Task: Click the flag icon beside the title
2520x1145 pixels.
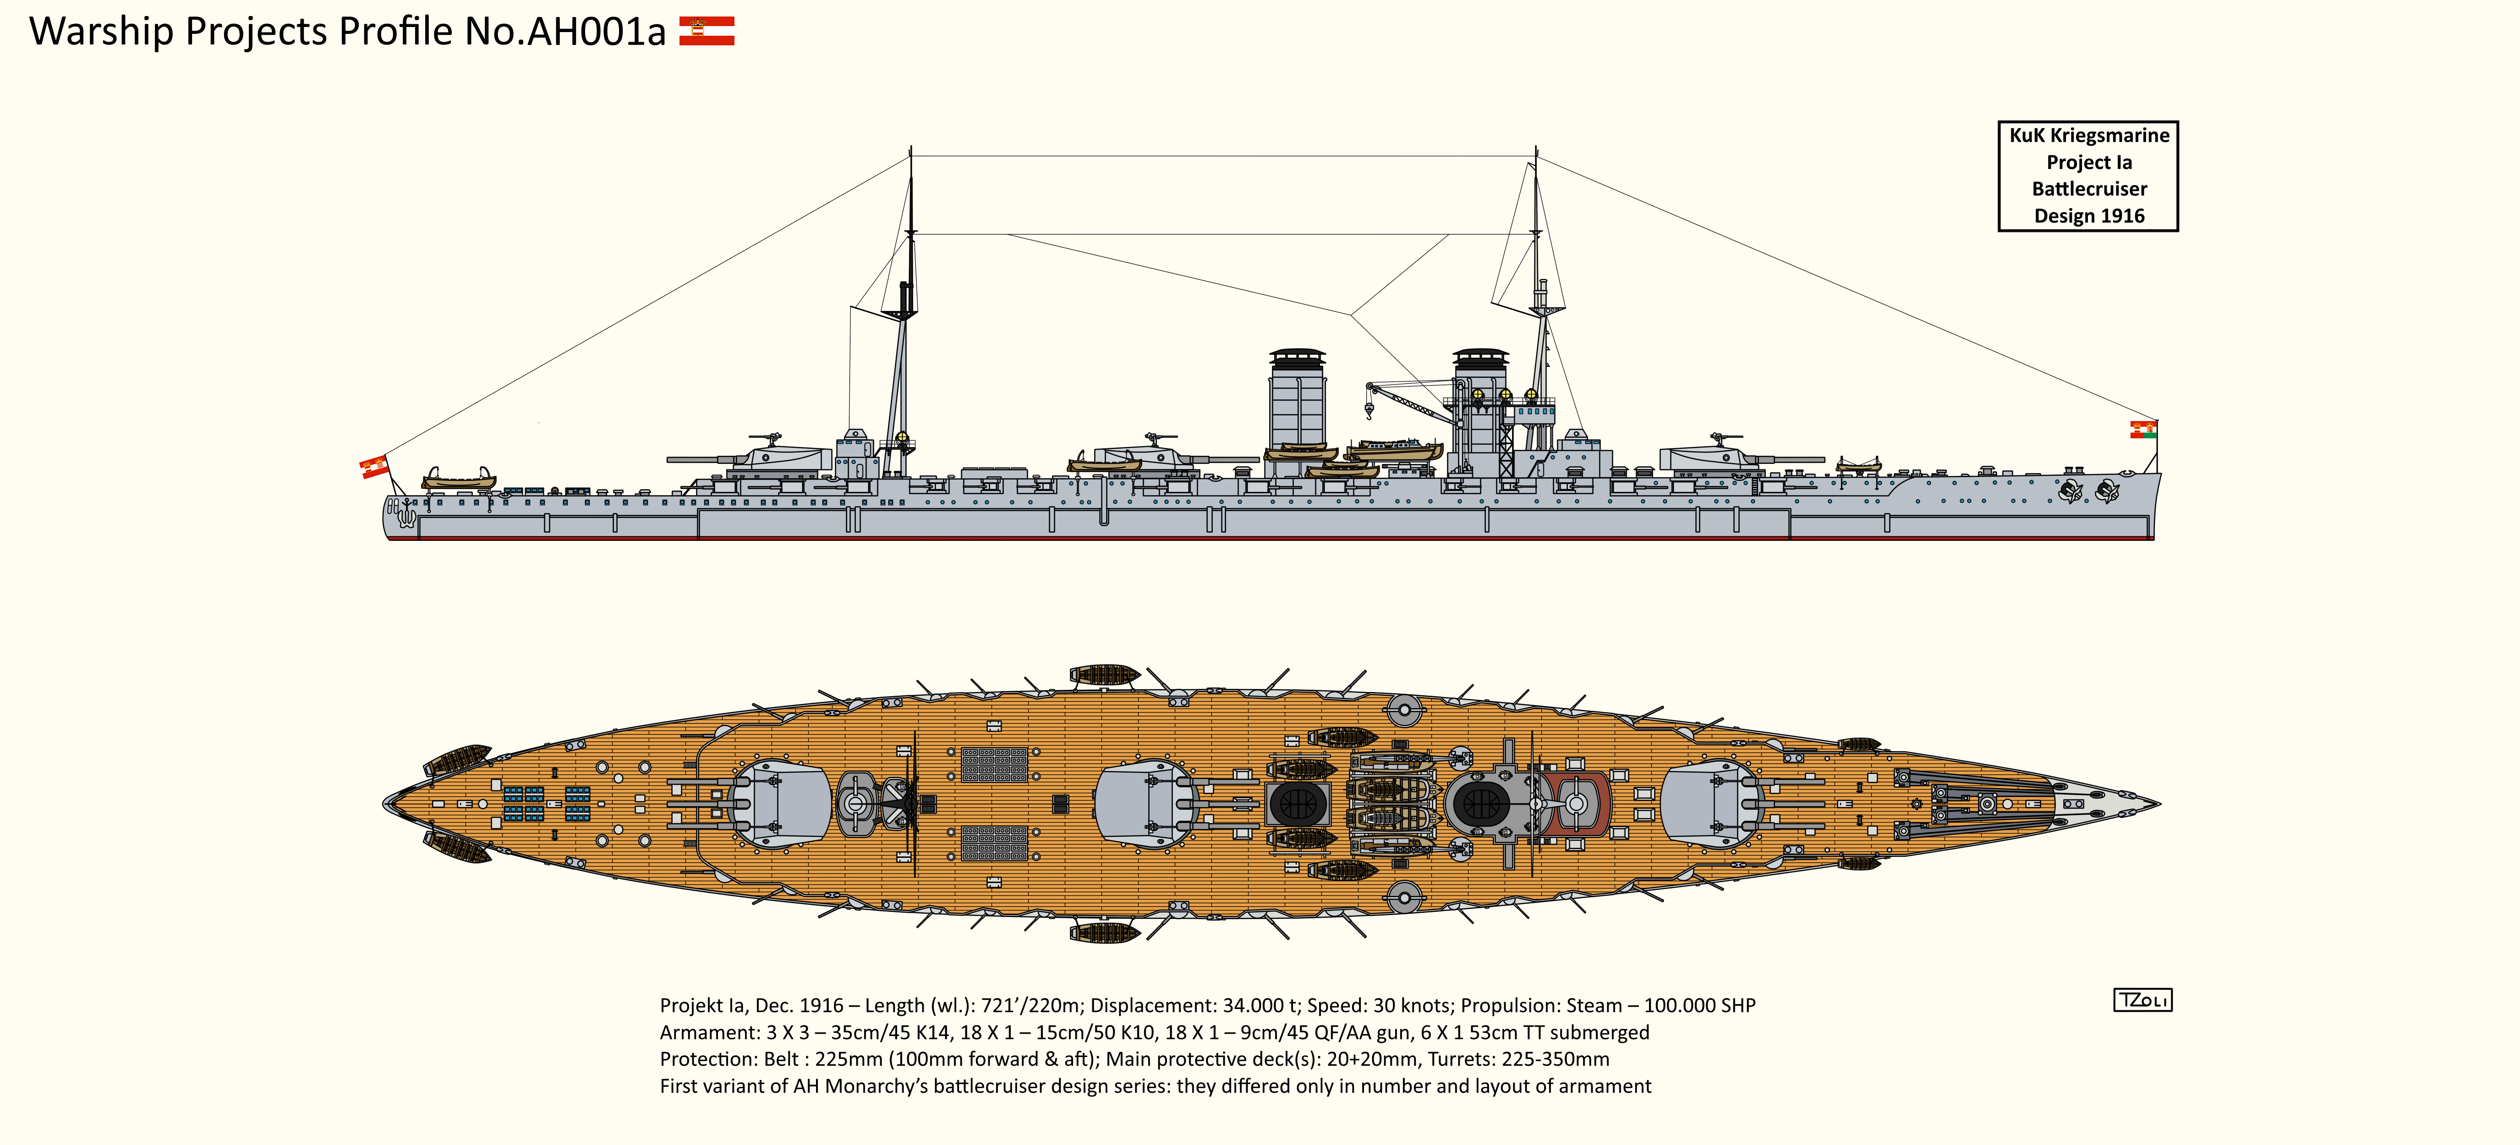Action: coord(707,31)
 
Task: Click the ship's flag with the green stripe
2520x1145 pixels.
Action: coord(2143,429)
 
